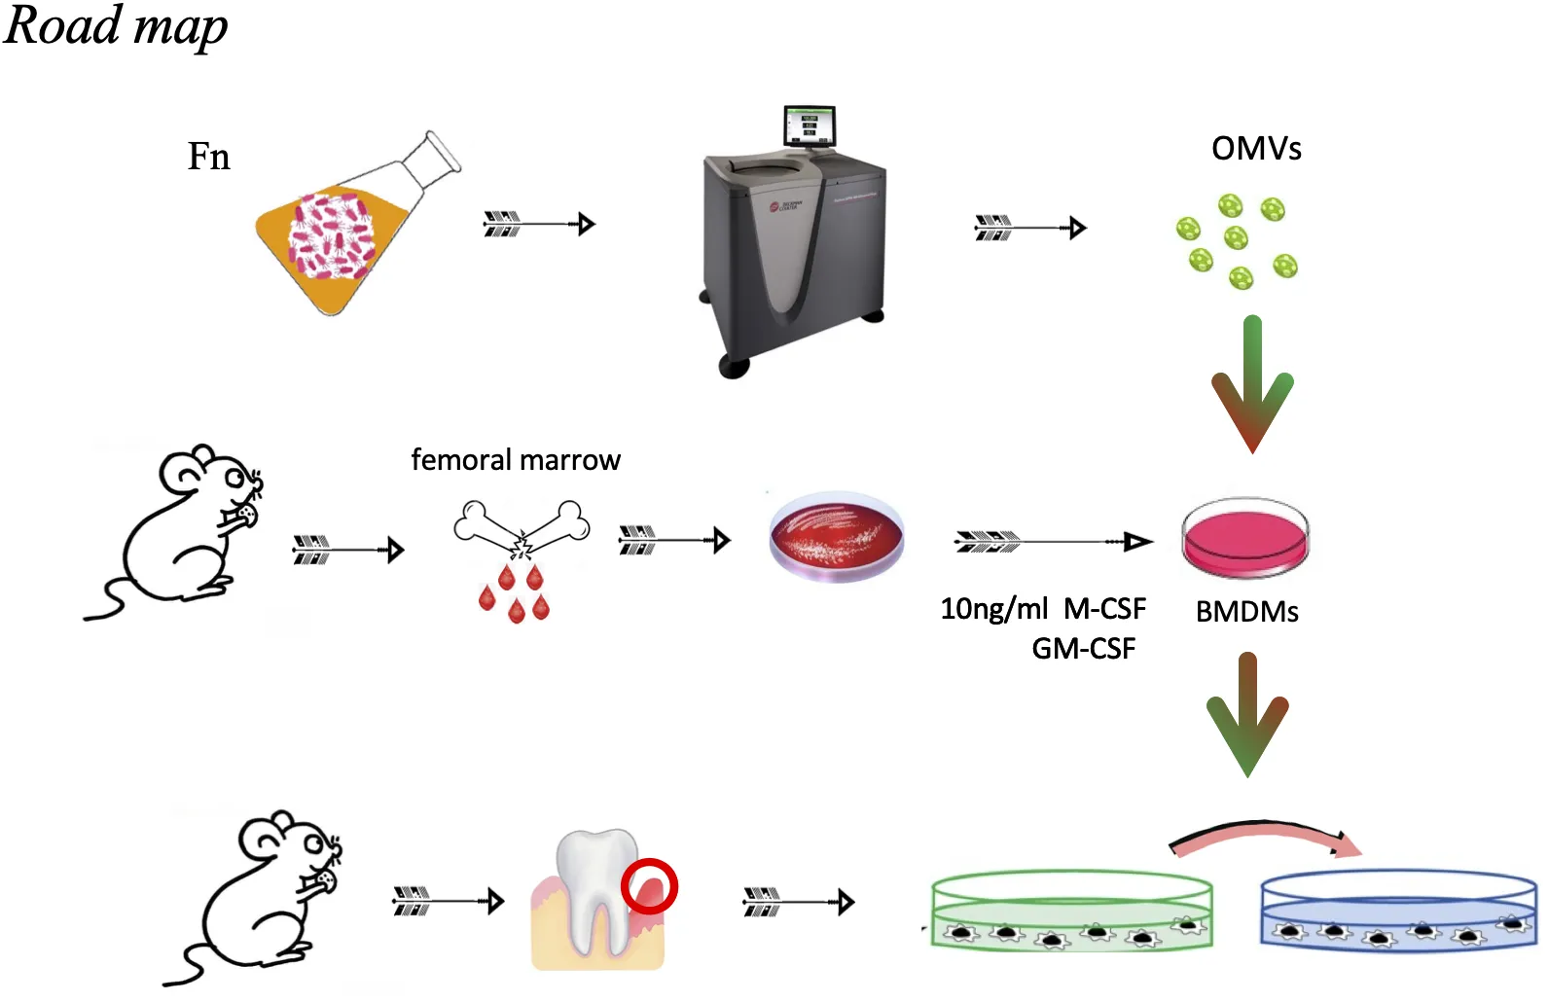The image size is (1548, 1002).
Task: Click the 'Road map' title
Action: click(116, 26)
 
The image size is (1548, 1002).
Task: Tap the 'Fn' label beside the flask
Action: click(208, 157)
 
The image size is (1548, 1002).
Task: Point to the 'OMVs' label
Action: click(1255, 149)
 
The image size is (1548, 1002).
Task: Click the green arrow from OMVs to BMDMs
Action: click(1252, 384)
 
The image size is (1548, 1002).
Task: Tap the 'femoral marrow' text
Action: click(516, 460)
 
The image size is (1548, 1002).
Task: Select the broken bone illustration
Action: click(522, 531)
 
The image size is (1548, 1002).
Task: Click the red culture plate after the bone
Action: click(837, 536)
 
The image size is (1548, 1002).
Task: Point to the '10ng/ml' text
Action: click(993, 609)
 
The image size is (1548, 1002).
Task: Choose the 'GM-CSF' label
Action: click(1083, 649)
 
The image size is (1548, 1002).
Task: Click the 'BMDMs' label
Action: click(1246, 612)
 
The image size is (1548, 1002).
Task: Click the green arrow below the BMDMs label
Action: click(1247, 715)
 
